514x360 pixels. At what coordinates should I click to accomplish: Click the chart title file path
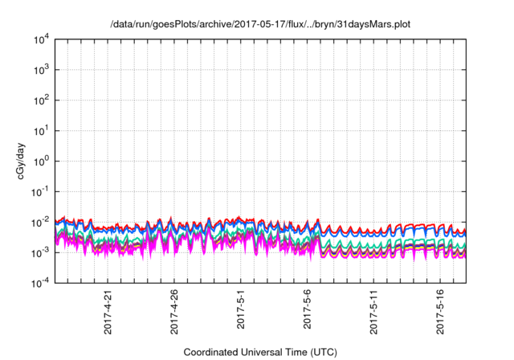(261, 24)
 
